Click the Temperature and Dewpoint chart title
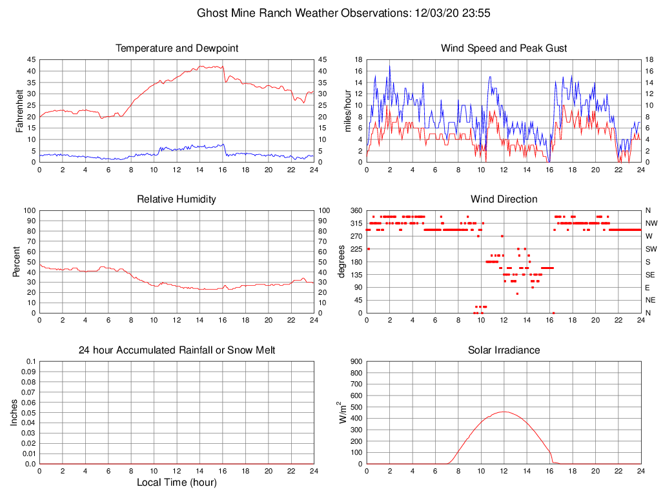(x=177, y=48)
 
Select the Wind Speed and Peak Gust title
(x=504, y=48)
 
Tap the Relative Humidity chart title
(x=176, y=199)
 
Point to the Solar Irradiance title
(x=504, y=350)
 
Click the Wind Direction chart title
(x=504, y=199)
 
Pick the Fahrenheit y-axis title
(x=19, y=111)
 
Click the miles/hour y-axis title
(x=348, y=111)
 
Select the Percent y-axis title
(x=16, y=261)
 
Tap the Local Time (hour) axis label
(x=176, y=483)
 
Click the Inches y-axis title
(x=14, y=412)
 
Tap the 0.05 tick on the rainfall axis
(x=28, y=412)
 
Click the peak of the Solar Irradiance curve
(x=504, y=412)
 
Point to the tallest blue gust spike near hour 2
(x=389, y=66)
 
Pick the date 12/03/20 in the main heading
(x=438, y=12)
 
